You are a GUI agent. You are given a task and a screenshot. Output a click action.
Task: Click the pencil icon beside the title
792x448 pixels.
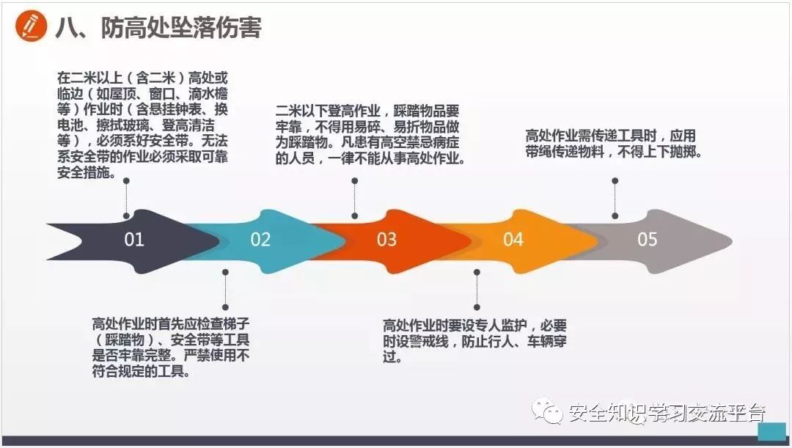click(x=29, y=26)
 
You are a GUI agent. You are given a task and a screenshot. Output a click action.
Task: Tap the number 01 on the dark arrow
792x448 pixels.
click(x=134, y=239)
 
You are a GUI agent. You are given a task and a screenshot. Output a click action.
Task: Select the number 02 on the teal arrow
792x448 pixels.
click(x=260, y=239)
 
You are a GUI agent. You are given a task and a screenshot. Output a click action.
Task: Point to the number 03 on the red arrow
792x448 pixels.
click(x=386, y=239)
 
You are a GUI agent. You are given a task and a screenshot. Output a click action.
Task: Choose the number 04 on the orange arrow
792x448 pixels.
click(x=513, y=239)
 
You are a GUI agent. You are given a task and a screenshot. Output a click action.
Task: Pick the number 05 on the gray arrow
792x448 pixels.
click(x=648, y=239)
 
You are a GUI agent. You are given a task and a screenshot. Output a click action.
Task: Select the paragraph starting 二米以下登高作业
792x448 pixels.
click(x=370, y=135)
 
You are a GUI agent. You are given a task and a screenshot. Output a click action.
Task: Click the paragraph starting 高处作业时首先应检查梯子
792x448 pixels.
click(x=171, y=348)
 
